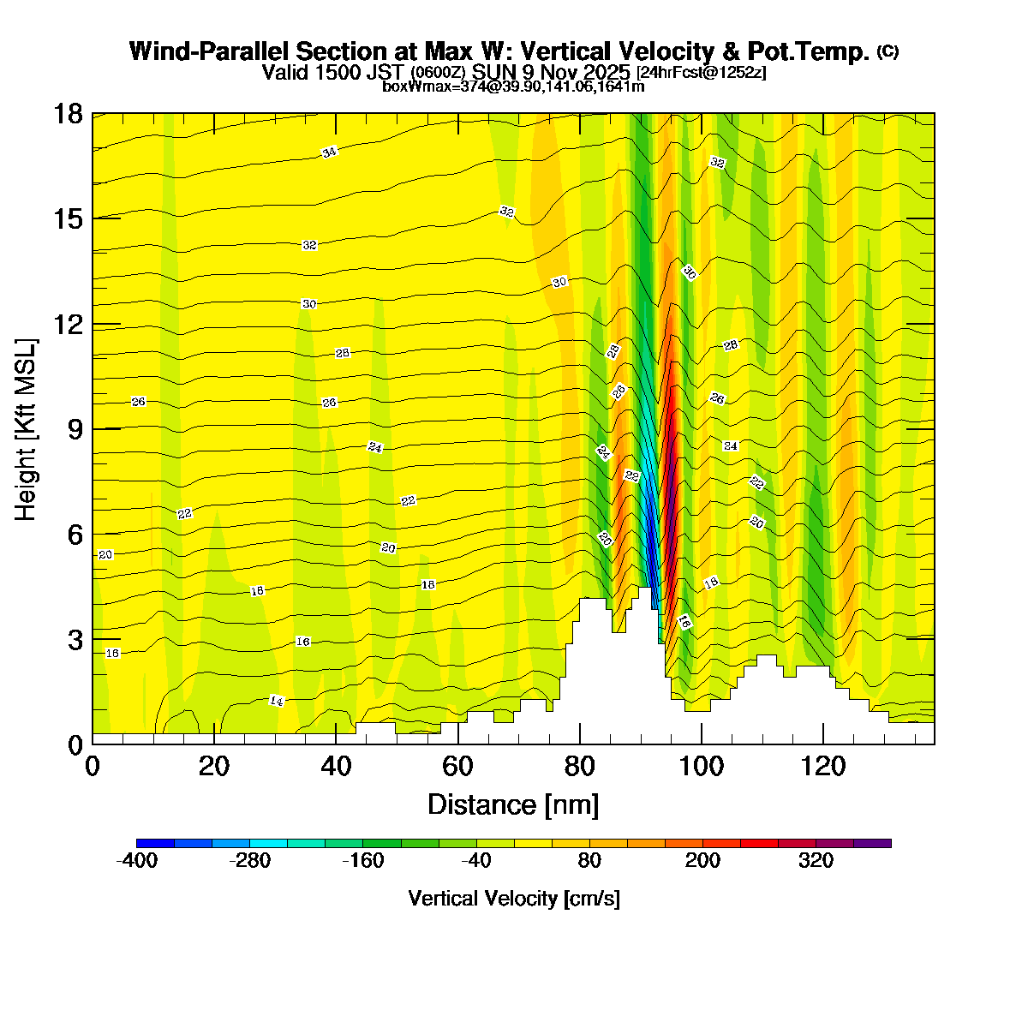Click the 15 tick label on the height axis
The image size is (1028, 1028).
pos(69,219)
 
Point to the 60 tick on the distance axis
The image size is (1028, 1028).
pos(458,765)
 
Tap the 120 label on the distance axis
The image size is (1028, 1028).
pos(823,765)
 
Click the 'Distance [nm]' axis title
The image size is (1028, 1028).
pos(512,804)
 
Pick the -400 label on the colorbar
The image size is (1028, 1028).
pos(136,861)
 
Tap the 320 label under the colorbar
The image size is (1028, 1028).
pos(816,861)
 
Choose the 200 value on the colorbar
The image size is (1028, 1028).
pos(702,861)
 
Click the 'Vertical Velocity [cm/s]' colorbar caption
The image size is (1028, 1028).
pos(514,898)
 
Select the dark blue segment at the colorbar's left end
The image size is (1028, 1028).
pos(155,843)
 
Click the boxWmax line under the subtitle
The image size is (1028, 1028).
pos(513,86)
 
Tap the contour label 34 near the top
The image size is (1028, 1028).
pos(329,152)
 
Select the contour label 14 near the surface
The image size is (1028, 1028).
pos(276,701)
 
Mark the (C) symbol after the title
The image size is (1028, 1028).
pos(888,51)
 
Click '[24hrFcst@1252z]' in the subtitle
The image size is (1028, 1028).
pos(701,72)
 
